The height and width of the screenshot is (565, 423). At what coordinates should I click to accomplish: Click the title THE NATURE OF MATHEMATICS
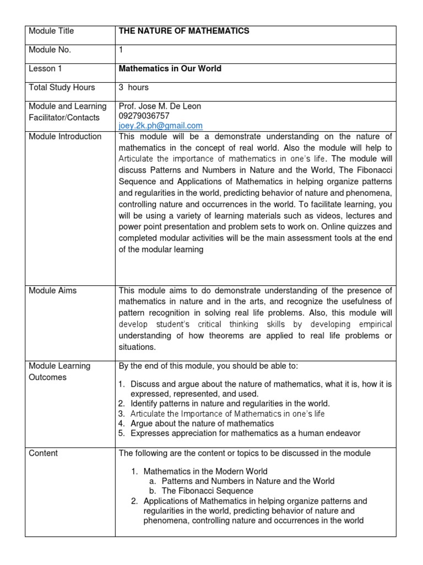point(184,31)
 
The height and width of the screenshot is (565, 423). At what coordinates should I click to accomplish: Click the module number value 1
point(121,50)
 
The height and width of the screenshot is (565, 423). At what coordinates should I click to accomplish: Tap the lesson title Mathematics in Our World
point(170,69)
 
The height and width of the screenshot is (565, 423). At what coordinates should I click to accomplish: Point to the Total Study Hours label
point(62,87)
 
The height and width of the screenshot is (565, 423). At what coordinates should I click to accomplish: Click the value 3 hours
point(134,87)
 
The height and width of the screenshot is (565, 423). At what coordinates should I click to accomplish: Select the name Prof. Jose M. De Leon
point(160,106)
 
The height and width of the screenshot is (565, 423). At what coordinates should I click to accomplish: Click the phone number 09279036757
point(144,116)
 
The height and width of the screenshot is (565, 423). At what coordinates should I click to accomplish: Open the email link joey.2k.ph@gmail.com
point(161,126)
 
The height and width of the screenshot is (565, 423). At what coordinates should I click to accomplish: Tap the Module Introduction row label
point(65,136)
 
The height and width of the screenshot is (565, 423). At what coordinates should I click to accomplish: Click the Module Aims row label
point(52,291)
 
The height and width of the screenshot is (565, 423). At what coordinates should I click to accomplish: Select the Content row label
point(43,453)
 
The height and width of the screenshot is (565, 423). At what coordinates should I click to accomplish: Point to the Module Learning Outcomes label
point(59,371)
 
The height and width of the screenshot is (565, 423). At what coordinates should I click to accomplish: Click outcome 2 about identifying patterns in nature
point(230,403)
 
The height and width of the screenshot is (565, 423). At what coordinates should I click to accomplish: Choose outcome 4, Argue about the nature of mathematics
point(202,423)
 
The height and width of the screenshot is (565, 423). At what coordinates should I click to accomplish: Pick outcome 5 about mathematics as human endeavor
point(245,433)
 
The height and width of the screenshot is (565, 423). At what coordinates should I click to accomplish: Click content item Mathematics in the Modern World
point(205,471)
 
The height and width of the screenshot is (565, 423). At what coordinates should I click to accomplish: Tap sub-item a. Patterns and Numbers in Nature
point(248,481)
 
